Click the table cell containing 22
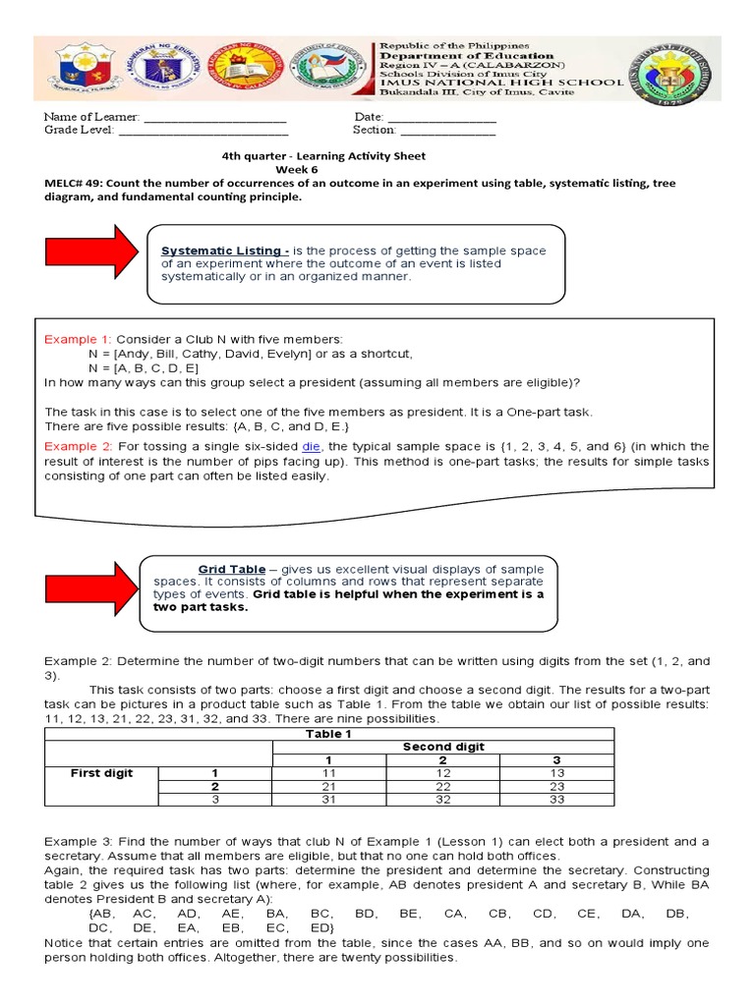pos(441,787)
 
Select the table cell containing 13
pos(556,773)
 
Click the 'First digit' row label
pos(101,773)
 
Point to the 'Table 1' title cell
pos(328,734)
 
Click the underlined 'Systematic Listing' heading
pos(225,251)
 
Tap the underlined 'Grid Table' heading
pos(232,569)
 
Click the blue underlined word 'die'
pos(312,446)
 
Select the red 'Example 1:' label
pos(78,339)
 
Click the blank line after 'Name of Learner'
pos(215,117)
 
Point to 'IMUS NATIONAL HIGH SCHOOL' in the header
pos(501,84)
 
